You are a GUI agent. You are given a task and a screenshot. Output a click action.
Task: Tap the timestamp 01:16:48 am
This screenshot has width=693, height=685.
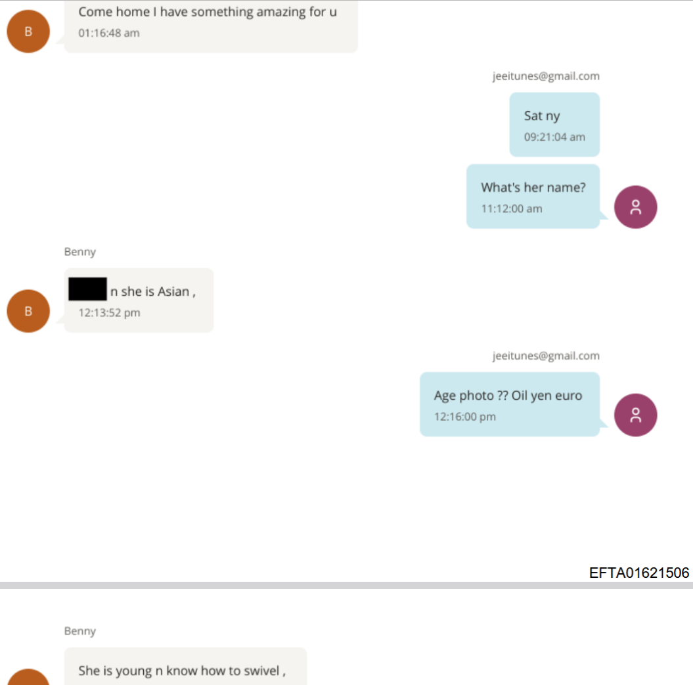pos(109,33)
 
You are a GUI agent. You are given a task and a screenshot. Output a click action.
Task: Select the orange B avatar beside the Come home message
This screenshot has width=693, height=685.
pos(28,32)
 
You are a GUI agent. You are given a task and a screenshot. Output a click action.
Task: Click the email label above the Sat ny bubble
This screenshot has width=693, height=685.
pos(546,76)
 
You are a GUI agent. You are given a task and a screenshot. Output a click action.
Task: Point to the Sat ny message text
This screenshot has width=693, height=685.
pos(542,116)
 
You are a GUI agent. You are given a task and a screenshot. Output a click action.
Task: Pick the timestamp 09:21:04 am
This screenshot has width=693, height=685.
pos(554,137)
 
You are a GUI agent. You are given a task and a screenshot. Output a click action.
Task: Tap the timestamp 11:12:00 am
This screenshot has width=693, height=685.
pos(512,208)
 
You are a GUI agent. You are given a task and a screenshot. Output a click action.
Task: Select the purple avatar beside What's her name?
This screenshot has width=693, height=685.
pos(635,207)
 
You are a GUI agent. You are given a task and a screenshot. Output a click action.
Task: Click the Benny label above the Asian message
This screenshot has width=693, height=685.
pos(80,252)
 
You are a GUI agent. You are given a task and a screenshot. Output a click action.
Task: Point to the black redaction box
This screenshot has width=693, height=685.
pos(87,289)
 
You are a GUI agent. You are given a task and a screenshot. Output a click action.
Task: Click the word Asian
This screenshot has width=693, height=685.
pos(173,291)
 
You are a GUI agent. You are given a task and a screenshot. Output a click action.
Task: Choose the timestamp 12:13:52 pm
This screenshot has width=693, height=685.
pos(109,312)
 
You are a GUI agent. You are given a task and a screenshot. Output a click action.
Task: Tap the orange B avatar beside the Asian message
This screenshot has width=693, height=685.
pos(28,311)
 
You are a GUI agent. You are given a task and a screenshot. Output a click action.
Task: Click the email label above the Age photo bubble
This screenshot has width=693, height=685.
pos(546,356)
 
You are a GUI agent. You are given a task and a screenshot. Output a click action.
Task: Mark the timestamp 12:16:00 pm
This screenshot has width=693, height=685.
pos(465,416)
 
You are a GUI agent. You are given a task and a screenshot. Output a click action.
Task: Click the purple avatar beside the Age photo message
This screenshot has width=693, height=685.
pos(635,415)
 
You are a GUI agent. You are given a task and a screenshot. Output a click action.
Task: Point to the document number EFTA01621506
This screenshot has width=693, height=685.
pos(639,573)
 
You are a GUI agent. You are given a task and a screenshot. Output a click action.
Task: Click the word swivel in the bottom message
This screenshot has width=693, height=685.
pos(261,671)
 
